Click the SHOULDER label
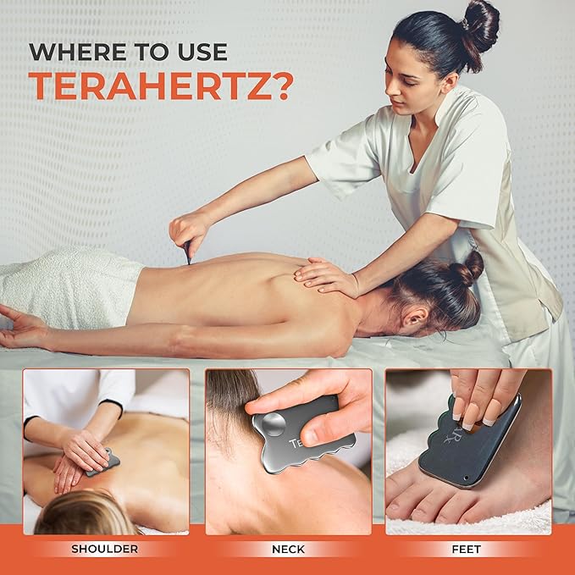pyautogui.click(x=105, y=549)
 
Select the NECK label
pyautogui.click(x=288, y=549)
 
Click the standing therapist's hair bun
pyautogui.click(x=479, y=24)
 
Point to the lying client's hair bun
pyautogui.click(x=467, y=269)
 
